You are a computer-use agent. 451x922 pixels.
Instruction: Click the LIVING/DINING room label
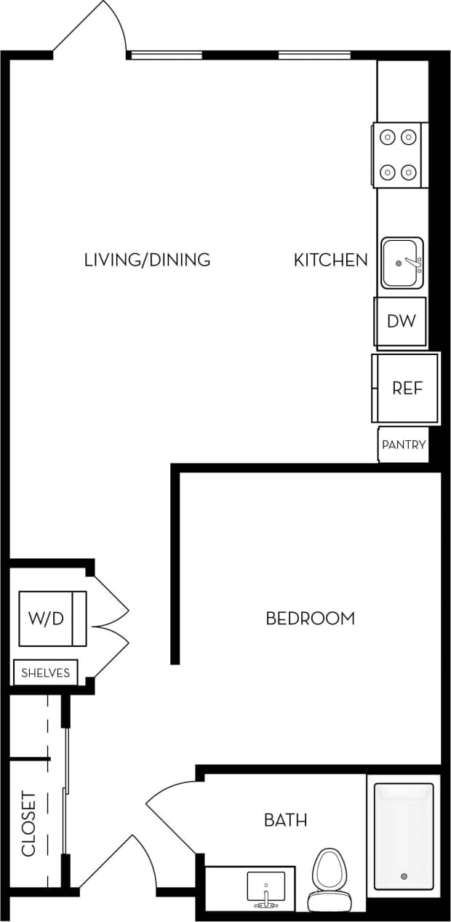tap(147, 260)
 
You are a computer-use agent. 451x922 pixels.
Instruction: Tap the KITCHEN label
tap(330, 260)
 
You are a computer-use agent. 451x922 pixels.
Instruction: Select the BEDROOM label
tap(310, 619)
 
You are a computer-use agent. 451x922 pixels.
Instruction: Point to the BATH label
tap(285, 820)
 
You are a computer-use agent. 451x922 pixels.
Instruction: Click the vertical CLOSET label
tap(28, 824)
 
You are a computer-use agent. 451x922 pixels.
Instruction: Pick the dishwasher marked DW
tap(400, 321)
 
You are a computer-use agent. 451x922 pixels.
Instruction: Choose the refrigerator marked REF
tap(406, 388)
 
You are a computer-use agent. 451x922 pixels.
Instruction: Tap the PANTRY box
tap(402, 445)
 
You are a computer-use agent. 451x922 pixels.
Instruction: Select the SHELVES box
tap(45, 672)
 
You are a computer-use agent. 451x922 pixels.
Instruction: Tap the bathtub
tap(404, 835)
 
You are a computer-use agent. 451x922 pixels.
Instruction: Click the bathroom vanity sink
tap(265, 888)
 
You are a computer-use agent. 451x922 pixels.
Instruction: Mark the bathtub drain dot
tap(404, 876)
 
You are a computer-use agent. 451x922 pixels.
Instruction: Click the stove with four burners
tap(399, 154)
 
